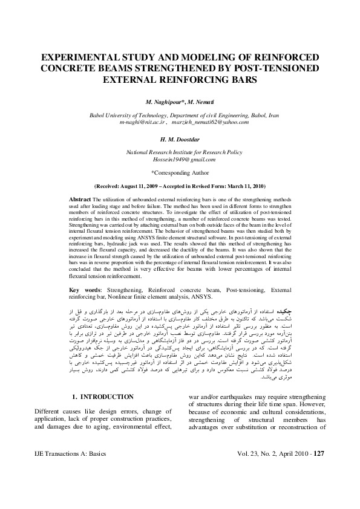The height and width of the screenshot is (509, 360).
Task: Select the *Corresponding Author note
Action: point(179,172)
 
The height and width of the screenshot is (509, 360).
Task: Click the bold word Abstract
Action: point(80,199)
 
